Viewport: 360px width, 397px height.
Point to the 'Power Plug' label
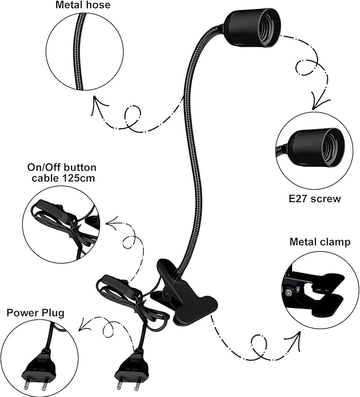[x=36, y=313]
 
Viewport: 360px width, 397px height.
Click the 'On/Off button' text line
[x=62, y=167]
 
